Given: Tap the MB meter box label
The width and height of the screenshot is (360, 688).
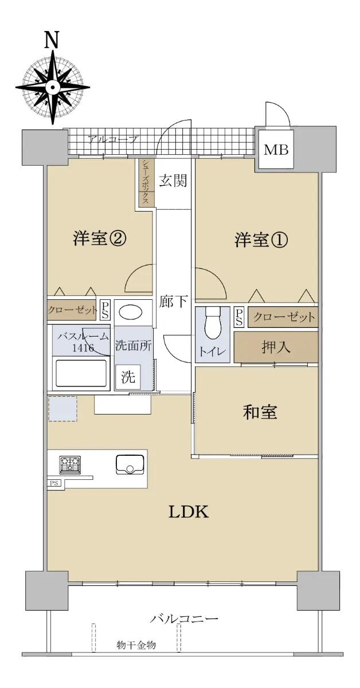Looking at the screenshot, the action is pyautogui.click(x=276, y=150).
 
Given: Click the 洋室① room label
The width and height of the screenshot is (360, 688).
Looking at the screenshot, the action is pyautogui.click(x=261, y=240).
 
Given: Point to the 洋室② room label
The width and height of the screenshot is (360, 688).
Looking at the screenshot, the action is pyautogui.click(x=99, y=239).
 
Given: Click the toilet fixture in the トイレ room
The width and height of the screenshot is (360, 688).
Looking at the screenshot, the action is pyautogui.click(x=212, y=323).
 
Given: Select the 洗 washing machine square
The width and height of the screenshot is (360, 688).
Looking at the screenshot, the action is pyautogui.click(x=128, y=377).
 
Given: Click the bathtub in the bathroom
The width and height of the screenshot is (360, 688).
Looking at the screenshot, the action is pyautogui.click(x=81, y=373).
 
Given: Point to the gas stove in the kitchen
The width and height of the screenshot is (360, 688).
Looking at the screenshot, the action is pyautogui.click(x=71, y=464).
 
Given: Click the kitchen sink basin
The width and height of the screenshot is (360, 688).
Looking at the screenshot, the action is pyautogui.click(x=130, y=464).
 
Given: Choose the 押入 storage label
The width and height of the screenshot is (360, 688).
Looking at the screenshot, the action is pyautogui.click(x=276, y=347).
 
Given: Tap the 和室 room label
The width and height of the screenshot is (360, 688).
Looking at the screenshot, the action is pyautogui.click(x=260, y=412).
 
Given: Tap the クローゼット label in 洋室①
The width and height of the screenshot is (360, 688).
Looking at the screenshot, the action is pyautogui.click(x=284, y=316).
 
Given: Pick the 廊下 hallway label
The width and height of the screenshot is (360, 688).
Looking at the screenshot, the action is pyautogui.click(x=173, y=302).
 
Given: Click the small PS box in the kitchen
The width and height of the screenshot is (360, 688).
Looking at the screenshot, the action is pyautogui.click(x=54, y=483).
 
